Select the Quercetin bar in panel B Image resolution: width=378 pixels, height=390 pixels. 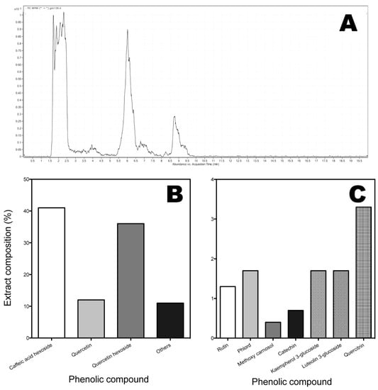click(91, 318)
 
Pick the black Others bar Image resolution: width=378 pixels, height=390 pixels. click(169, 320)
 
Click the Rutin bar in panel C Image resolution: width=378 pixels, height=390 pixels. click(228, 312)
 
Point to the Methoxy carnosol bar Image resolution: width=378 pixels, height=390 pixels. click(272, 330)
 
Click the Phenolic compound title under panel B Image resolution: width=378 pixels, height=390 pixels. click(109, 379)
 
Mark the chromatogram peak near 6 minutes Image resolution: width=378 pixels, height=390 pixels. click(128, 32)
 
